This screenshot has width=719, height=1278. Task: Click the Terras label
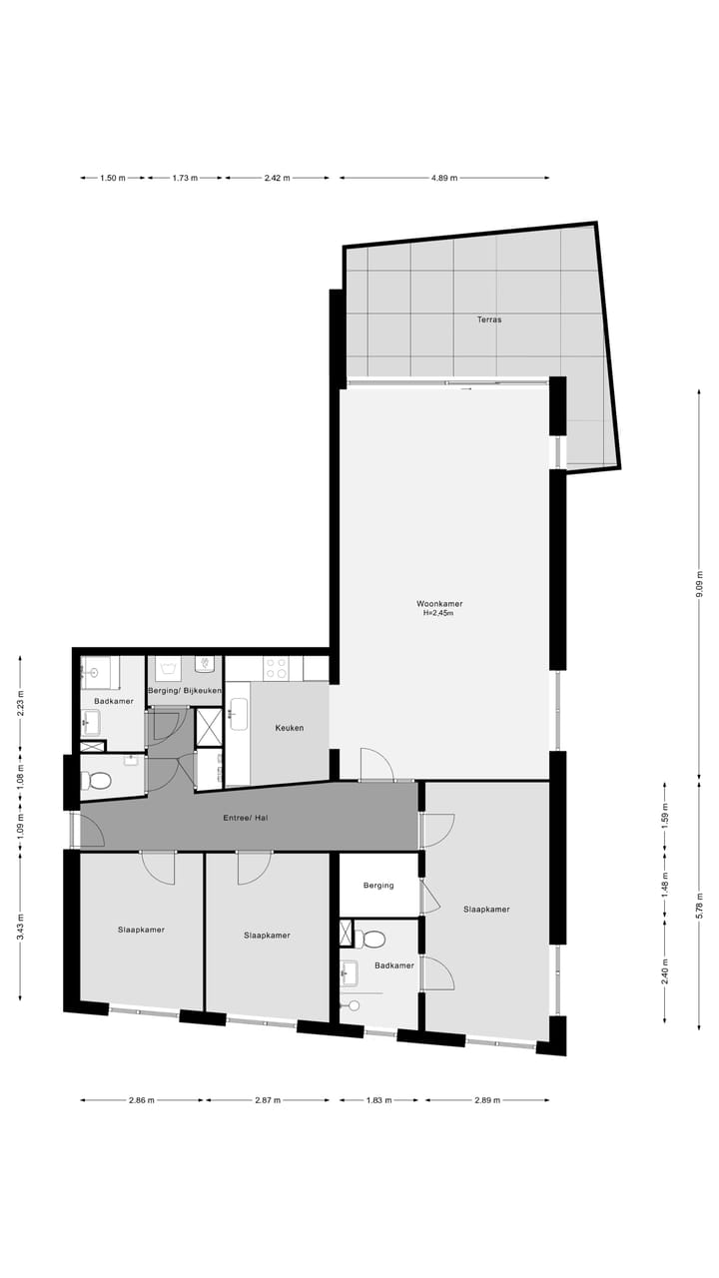[488, 319]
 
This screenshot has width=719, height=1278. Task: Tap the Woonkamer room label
[439, 603]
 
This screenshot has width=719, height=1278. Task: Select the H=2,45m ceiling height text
[439, 614]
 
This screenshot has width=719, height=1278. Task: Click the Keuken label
[290, 728]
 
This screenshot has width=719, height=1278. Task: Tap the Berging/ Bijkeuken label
[185, 691]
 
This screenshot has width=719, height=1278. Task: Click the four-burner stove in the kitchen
[277, 668]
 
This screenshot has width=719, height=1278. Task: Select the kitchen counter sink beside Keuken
[239, 714]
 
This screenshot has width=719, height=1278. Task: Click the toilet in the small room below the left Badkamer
[100, 780]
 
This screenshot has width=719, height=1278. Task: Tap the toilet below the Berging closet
[373, 939]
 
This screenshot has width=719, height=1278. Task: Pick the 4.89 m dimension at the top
[444, 178]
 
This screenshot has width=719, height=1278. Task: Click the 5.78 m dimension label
[699, 905]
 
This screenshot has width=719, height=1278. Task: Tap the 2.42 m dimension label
[277, 178]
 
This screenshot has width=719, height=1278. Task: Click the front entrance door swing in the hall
[88, 830]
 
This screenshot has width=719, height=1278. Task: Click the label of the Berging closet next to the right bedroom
[378, 885]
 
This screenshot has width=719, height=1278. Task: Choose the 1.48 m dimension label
[665, 885]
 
